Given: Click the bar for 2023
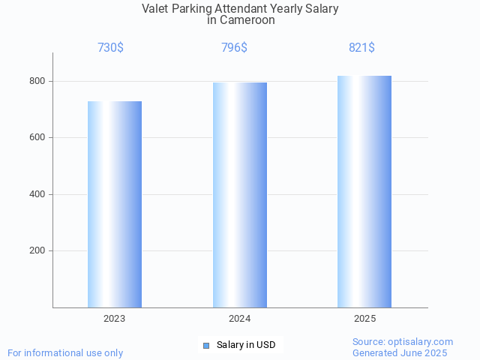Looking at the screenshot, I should [x=115, y=204].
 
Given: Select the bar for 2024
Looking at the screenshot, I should [x=240, y=195].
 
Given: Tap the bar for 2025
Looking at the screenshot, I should [x=364, y=191].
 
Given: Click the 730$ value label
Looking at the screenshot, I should [x=110, y=48].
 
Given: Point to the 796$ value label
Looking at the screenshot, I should [x=235, y=48].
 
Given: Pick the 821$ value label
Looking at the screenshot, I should [x=361, y=48].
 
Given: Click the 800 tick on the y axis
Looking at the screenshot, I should [x=38, y=81].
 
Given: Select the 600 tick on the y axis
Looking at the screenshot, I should [x=38, y=138].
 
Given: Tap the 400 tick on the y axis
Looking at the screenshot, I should [x=38, y=194].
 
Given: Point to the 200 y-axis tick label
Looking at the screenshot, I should [x=38, y=251].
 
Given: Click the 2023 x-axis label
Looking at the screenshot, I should [x=115, y=319].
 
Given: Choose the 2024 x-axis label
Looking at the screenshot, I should [x=240, y=319].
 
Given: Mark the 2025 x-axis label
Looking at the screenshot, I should [x=364, y=319].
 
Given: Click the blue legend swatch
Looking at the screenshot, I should [x=206, y=345].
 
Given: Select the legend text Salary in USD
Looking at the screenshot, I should [x=246, y=345].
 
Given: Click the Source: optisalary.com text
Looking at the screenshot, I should [x=403, y=341].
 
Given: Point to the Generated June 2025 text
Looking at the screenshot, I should [x=400, y=352].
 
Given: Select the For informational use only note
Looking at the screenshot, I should [x=65, y=352].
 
